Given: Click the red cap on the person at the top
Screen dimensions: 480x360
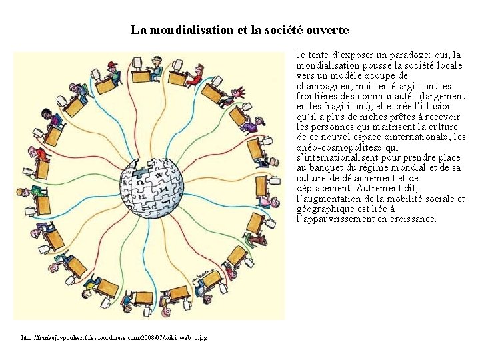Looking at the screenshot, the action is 111,65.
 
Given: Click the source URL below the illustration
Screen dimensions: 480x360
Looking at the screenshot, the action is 114,338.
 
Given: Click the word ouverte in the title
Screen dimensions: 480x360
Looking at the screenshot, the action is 328,30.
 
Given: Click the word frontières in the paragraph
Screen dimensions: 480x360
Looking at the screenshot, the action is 319,96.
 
